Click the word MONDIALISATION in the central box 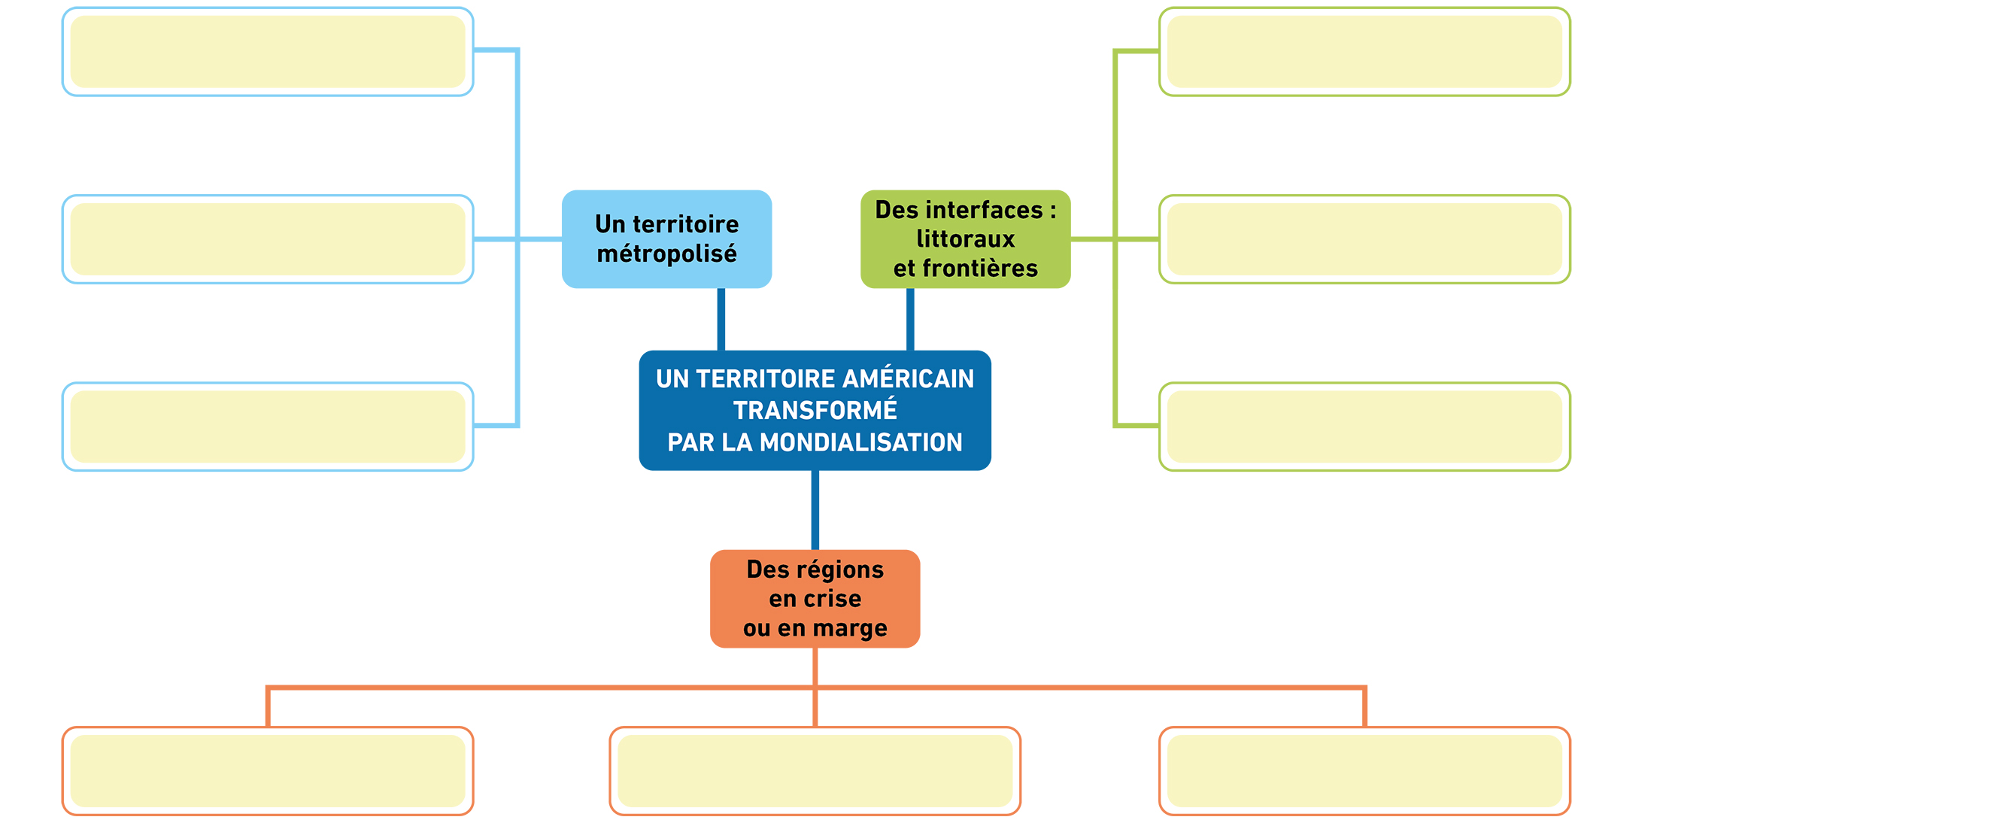(x=860, y=442)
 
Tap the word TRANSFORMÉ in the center (x=815, y=410)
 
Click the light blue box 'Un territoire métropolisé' (x=666, y=239)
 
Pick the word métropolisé (x=666, y=254)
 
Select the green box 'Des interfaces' (x=966, y=239)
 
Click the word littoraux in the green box (x=966, y=239)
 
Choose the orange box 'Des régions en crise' (x=815, y=599)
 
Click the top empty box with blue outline (x=268, y=51)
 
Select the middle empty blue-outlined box (x=268, y=239)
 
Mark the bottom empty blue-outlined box (x=268, y=427)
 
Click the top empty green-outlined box (x=1364, y=51)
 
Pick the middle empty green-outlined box (x=1364, y=239)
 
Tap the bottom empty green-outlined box (x=1364, y=427)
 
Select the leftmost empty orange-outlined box (x=268, y=771)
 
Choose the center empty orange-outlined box (x=815, y=771)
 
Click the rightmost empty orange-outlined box (x=1364, y=771)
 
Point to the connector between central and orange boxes (x=815, y=510)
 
